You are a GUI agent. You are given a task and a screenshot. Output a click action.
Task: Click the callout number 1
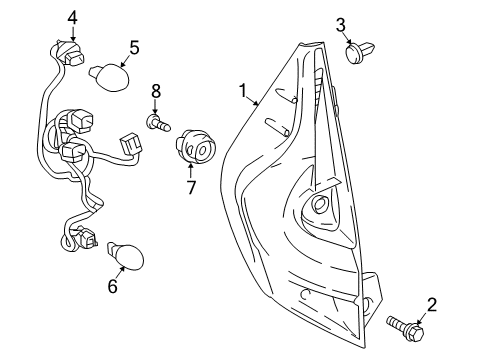(x=243, y=91)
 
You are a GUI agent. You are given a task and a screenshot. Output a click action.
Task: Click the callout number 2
(x=433, y=305)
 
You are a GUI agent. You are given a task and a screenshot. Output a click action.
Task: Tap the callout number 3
(x=341, y=24)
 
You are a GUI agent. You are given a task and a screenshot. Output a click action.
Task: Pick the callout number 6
(x=112, y=287)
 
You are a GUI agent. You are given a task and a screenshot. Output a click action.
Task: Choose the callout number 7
(x=190, y=186)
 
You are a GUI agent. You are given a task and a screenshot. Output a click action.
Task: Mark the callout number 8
(x=156, y=91)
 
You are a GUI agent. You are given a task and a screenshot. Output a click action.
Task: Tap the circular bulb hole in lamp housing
(x=321, y=205)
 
